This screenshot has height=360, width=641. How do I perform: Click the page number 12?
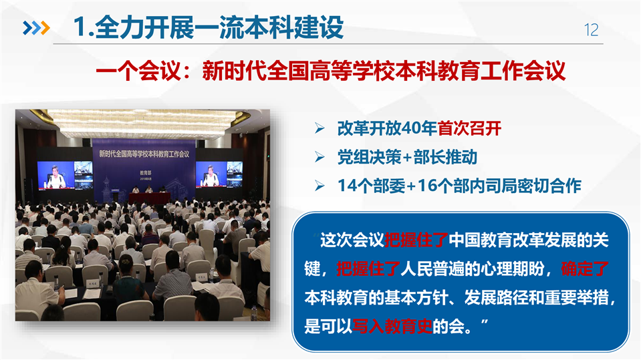point(591,30)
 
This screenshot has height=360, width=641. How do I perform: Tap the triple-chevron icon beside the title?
point(36,28)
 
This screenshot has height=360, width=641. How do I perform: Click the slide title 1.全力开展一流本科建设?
point(209,27)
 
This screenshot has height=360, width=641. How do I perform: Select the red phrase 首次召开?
point(469,129)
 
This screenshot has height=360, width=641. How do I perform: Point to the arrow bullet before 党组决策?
point(319,158)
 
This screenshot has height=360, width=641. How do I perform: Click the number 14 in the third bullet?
point(346,186)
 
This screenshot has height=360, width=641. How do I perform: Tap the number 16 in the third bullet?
point(426,186)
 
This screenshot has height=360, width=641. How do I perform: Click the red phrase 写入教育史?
point(392,326)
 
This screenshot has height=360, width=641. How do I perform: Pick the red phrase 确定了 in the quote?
point(585,269)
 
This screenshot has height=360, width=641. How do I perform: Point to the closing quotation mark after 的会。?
point(485,323)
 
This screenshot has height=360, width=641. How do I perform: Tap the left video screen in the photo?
point(65,175)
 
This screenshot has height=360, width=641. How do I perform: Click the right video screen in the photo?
point(219,174)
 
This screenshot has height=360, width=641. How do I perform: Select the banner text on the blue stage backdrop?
point(144,154)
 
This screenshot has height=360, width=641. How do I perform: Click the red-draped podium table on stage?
point(149,198)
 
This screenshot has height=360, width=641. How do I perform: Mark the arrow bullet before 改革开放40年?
point(319,129)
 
